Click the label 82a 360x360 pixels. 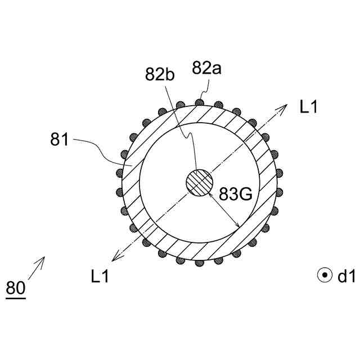pyautogui.click(x=206, y=68)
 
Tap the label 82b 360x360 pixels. pyautogui.click(x=160, y=74)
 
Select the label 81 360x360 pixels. pyautogui.click(x=59, y=139)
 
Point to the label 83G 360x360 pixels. pyautogui.click(x=236, y=194)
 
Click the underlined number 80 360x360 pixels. pyautogui.click(x=16, y=288)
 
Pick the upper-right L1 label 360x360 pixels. pyautogui.click(x=309, y=106)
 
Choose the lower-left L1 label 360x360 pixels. pyautogui.click(x=100, y=276)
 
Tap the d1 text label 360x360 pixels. pyautogui.click(x=346, y=276)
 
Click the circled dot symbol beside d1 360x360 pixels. pyautogui.click(x=325, y=275)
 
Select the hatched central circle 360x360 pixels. pyautogui.click(x=200, y=183)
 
